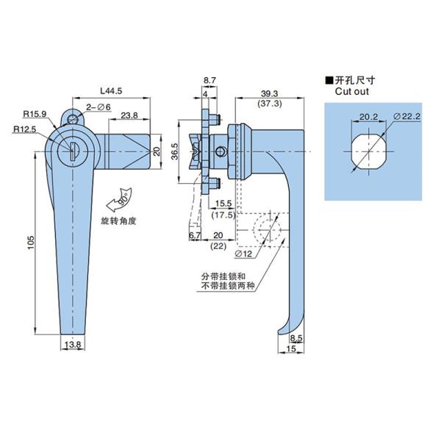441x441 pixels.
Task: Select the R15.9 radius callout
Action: click(34, 114)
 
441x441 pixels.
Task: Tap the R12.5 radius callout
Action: click(25, 129)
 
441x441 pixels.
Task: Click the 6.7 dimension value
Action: click(195, 235)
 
